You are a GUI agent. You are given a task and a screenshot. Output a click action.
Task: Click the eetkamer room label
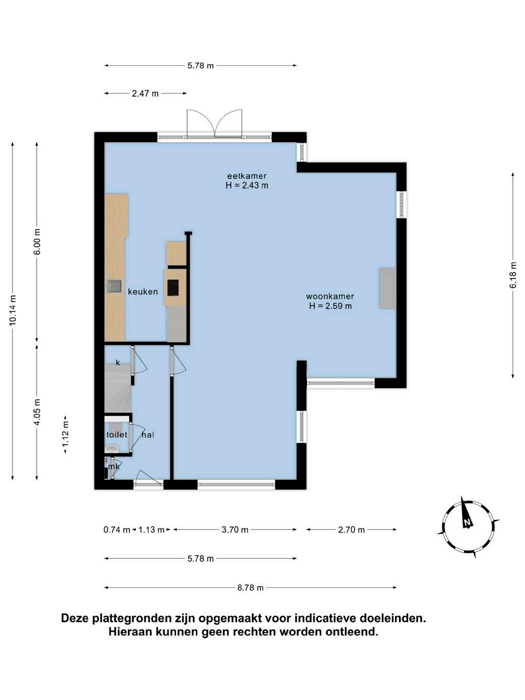[247, 176]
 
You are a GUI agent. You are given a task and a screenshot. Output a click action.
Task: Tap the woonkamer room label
[330, 296]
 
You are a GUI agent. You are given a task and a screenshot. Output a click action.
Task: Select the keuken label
[143, 291]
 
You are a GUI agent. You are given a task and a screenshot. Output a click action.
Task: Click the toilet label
[117, 434]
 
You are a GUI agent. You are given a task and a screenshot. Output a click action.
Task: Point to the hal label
[148, 434]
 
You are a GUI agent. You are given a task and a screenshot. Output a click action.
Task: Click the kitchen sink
[115, 286]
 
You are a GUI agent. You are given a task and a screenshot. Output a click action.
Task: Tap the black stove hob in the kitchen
[173, 288]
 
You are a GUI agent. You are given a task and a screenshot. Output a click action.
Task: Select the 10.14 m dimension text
[13, 310]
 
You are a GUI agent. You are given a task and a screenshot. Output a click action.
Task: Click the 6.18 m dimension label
[513, 275]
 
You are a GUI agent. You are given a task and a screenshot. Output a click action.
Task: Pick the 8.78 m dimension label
[250, 588]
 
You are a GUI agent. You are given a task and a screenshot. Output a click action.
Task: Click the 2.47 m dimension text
[145, 94]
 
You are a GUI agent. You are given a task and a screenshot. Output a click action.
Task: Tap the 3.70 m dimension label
[235, 530]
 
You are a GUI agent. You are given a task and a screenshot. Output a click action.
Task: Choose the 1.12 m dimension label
[65, 434]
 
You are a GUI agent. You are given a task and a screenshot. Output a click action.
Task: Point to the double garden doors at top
[214, 124]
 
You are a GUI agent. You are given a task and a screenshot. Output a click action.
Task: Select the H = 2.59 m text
[330, 306]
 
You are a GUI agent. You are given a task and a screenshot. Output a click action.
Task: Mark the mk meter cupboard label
[114, 466]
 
